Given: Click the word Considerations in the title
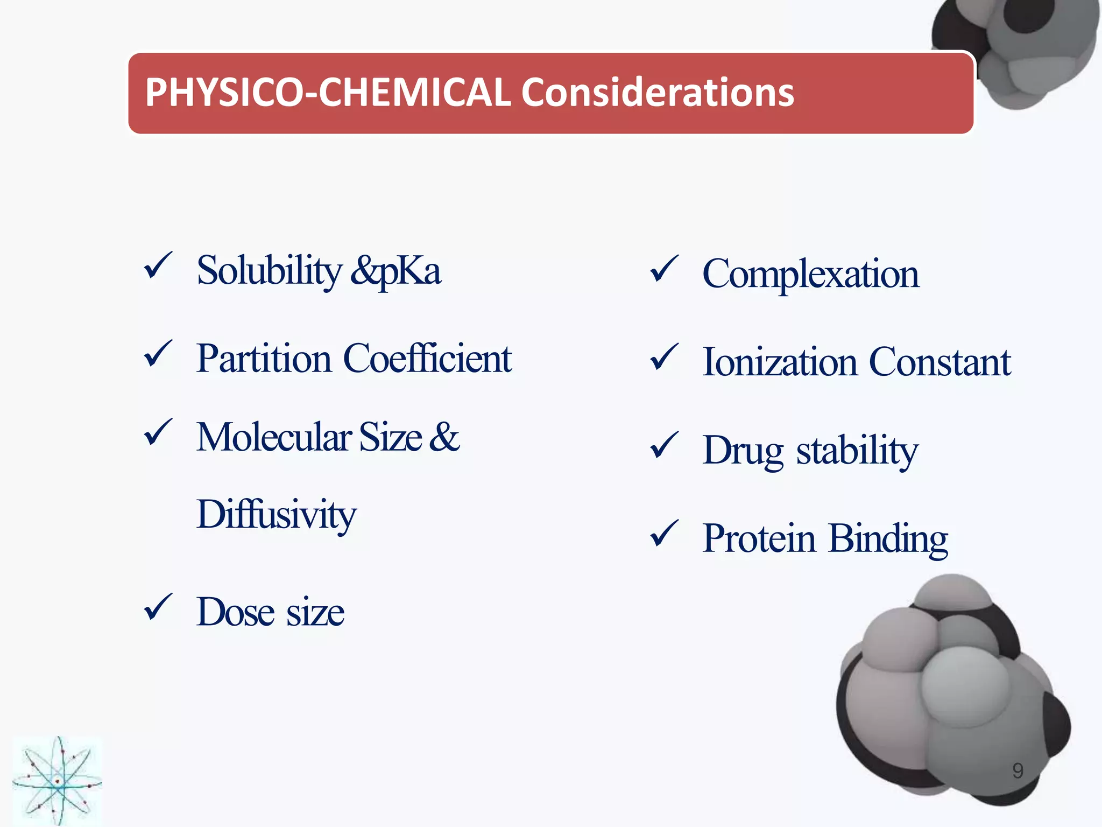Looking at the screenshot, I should point(657,93).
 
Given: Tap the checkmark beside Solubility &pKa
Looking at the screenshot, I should point(158,266).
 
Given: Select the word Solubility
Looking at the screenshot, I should point(269,271).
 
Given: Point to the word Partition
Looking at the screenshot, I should point(263,359).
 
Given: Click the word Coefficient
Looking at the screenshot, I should point(427,359).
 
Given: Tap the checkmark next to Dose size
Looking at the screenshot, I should point(158,607).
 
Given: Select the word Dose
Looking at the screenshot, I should point(235,613).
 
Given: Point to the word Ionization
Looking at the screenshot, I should point(780,362).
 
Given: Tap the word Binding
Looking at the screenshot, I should point(888,538).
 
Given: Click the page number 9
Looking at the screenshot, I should point(1018,771).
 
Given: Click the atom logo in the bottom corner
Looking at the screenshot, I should point(57,781).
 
